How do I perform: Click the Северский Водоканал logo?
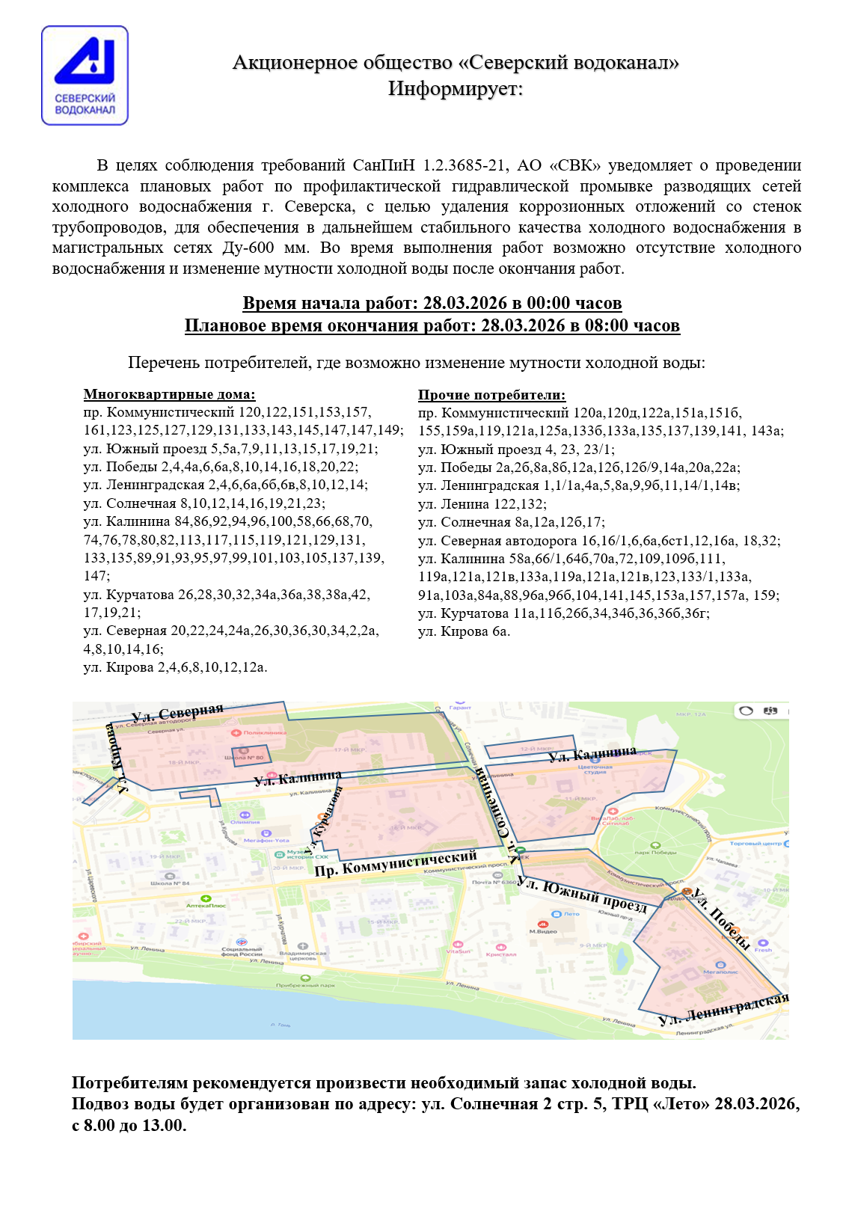85,76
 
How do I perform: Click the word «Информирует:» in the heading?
455,89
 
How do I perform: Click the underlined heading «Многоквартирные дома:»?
169,394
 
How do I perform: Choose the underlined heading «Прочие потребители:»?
491,395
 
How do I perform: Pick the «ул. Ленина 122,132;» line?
482,504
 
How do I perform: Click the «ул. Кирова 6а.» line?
464,631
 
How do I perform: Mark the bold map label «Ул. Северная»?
177,714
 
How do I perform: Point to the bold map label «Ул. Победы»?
721,918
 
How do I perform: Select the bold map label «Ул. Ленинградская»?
723,1009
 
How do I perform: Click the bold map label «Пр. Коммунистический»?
396,864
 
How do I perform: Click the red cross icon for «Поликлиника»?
237,732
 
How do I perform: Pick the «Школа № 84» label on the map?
170,883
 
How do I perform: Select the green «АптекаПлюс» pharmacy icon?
206,898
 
